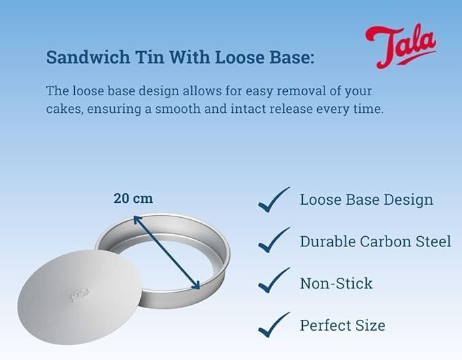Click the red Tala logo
click(401, 46)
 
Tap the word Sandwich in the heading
click(88, 57)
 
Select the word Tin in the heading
click(150, 57)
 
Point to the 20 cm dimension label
click(133, 198)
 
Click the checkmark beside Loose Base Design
click(274, 199)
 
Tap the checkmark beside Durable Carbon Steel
click(274, 240)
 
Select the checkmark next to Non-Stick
click(274, 280)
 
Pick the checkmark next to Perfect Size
click(274, 325)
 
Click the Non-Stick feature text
click(336, 283)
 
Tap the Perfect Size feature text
click(342, 325)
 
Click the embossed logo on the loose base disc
click(80, 295)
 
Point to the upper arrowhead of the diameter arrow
click(137, 219)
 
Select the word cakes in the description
click(63, 109)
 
